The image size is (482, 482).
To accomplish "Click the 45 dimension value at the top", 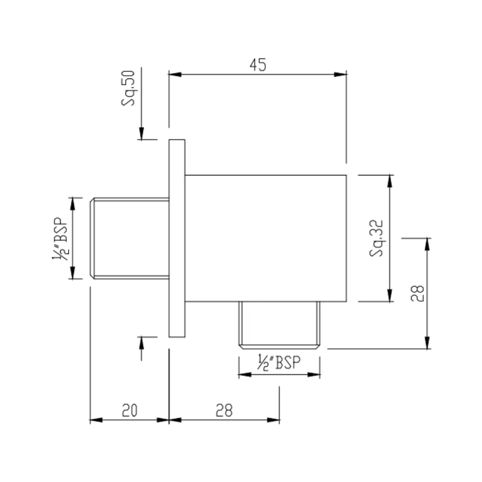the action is (x=258, y=65).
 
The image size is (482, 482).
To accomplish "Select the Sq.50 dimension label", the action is (x=128, y=88).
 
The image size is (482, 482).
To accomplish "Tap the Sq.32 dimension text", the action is (x=377, y=238).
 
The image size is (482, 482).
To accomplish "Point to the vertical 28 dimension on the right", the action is (x=417, y=293).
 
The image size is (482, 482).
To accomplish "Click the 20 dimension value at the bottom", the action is (x=129, y=411).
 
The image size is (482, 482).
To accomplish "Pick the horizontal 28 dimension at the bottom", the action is (x=224, y=411).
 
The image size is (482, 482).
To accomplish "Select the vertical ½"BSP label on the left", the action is (x=60, y=239).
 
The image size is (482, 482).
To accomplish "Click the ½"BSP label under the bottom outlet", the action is (x=279, y=363).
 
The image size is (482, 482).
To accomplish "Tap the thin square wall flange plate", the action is (x=177, y=238).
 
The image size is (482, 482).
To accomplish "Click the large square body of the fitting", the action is (x=266, y=238).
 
